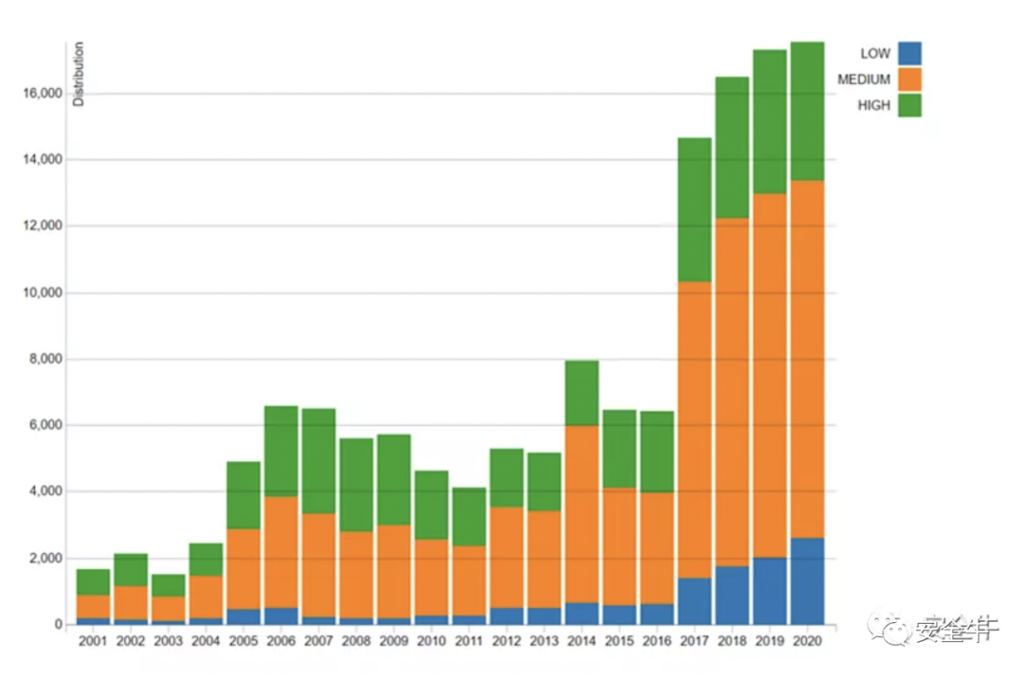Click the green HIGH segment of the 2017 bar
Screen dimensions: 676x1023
[694, 209]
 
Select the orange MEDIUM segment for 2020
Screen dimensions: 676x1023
[807, 360]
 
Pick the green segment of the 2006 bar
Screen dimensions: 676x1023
[280, 452]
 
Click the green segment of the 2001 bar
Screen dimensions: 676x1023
[93, 582]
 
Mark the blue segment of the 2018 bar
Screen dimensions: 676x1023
[731, 596]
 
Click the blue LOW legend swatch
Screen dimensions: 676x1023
[909, 54]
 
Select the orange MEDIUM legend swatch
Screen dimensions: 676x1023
[909, 80]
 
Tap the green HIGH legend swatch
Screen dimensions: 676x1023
[909, 105]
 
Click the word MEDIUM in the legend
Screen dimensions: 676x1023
[863, 80]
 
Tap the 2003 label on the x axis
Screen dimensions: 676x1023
[168, 641]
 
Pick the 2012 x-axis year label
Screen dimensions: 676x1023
[506, 641]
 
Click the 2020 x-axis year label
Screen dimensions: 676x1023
[807, 641]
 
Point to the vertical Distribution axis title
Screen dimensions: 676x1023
[80, 74]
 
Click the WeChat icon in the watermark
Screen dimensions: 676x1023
[893, 628]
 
